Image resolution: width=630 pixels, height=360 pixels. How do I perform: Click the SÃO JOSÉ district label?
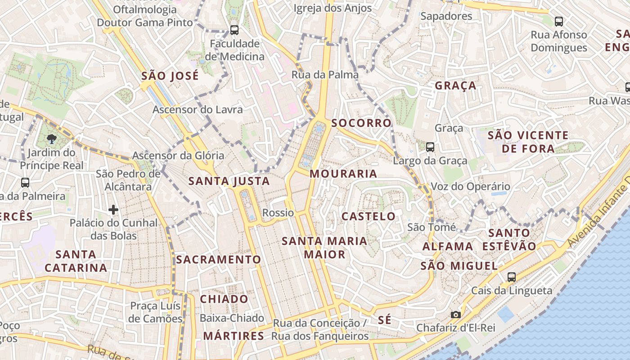170,76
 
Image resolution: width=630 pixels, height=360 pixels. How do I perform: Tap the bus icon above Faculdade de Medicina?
234,30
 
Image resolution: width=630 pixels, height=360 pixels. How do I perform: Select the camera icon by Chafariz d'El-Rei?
456,315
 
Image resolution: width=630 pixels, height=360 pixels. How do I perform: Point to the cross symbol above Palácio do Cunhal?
113,210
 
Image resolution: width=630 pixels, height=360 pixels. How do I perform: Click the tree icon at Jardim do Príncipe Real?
52,139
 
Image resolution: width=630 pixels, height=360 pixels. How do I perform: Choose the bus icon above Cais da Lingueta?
511,277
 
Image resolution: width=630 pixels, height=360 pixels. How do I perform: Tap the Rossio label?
278,213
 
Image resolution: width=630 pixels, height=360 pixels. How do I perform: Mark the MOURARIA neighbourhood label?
343,174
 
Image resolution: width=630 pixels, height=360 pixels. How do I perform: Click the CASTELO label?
368,216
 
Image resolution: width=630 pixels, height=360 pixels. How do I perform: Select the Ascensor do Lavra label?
198,109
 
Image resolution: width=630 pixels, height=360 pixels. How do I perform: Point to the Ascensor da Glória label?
178,156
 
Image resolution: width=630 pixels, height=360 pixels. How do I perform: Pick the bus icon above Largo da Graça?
430,147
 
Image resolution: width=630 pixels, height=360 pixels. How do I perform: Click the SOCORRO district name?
361,123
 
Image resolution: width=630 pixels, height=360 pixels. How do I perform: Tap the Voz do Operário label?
471,186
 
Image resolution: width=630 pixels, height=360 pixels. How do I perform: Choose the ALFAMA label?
448,247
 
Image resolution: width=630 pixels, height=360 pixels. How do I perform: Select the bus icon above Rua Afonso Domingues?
558,21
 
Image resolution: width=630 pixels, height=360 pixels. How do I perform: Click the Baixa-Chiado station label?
232,318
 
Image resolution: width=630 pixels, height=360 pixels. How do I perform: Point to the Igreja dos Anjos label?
333,8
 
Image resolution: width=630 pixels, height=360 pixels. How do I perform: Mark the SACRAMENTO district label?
218,260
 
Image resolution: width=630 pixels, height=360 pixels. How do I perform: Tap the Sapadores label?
446,16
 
